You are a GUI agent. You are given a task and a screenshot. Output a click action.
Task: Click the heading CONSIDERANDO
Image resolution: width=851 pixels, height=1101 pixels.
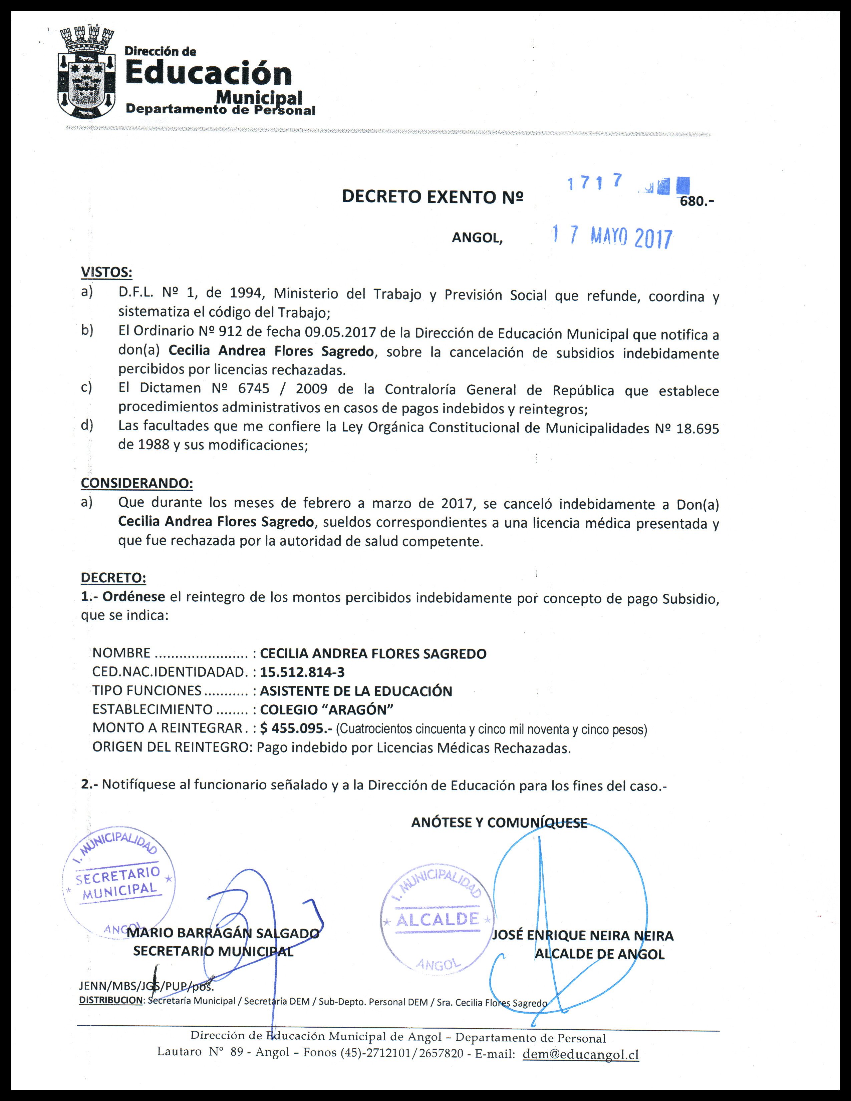(x=137, y=483)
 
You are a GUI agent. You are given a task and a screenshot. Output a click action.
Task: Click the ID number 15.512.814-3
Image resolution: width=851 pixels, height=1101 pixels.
(x=302, y=672)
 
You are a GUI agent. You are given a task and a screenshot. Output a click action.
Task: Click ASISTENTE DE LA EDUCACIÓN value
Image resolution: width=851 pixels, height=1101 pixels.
(x=356, y=691)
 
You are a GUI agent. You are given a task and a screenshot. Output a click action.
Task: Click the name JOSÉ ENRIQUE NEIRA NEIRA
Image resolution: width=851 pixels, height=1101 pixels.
(x=583, y=936)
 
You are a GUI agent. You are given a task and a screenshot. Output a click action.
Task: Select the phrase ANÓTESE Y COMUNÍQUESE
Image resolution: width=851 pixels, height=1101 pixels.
(x=499, y=823)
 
